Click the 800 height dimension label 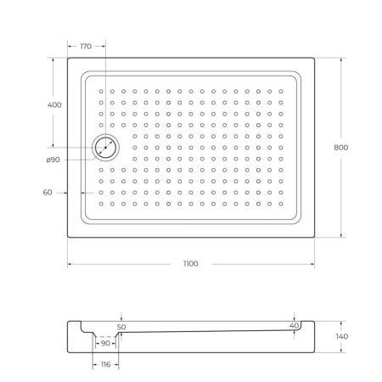click(x=341, y=147)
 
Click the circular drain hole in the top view click(x=107, y=148)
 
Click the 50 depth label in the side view click(x=121, y=327)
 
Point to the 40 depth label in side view click(x=294, y=326)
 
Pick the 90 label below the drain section click(x=105, y=343)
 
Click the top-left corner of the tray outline click(x=69, y=59)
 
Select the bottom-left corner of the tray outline click(x=69, y=237)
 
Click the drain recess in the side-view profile click(x=105, y=333)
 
